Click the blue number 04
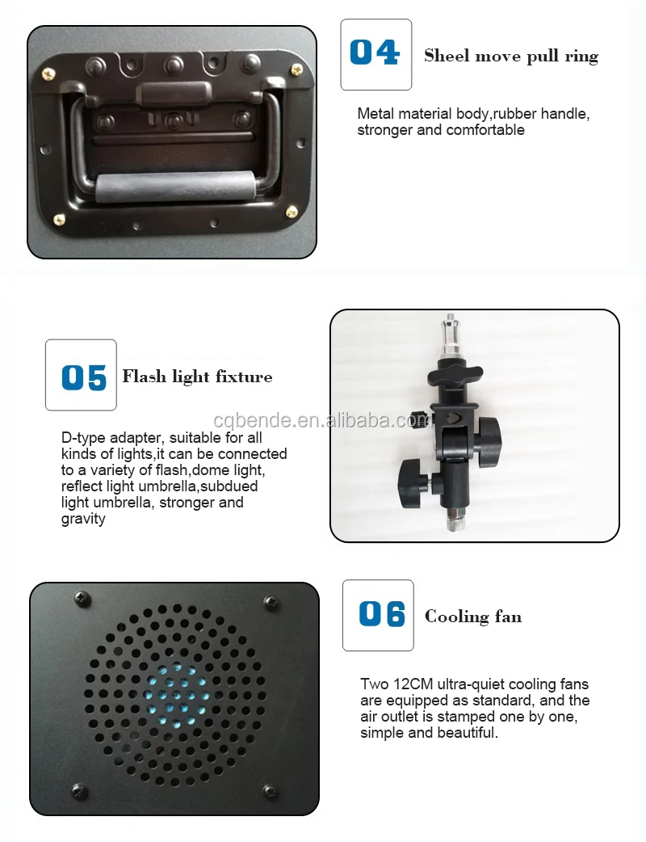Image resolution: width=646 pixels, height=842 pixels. pos(375,53)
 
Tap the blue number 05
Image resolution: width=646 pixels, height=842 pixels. pos(84,377)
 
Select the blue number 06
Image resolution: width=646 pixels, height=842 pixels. pos(381,614)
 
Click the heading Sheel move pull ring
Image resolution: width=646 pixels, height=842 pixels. pos(511,57)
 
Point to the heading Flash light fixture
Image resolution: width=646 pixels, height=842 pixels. pos(198,377)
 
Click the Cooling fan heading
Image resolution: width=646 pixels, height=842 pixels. pos(472,617)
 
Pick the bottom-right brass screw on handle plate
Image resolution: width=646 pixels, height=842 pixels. pos(292,212)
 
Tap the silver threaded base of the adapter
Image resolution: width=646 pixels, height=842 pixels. pos(455,520)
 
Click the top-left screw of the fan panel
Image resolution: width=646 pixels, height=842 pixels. pos(82,598)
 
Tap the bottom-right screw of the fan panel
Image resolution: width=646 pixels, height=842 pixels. pos(270,791)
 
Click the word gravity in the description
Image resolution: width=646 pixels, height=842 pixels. pos(83,520)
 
